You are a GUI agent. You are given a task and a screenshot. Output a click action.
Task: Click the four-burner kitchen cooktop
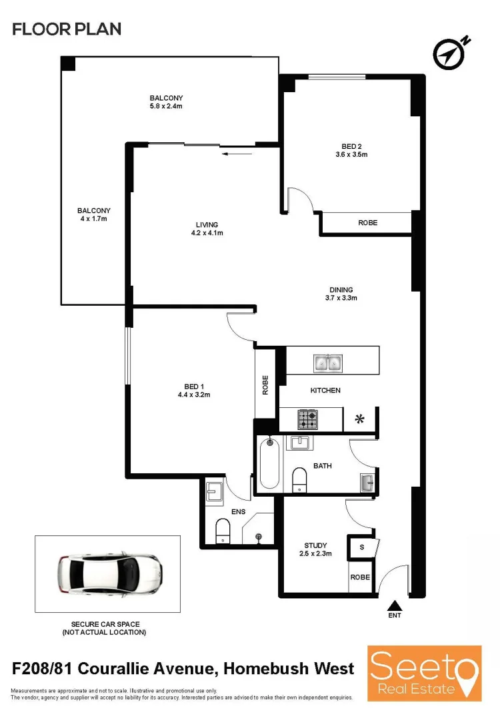(307, 419)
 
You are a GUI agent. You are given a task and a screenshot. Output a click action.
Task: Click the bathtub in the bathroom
(269, 463)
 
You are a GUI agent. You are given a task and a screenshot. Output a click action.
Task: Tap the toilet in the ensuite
(223, 532)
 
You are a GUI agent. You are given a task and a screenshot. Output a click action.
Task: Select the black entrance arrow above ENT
(394, 604)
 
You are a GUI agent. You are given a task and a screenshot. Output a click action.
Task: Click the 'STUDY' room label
(315, 544)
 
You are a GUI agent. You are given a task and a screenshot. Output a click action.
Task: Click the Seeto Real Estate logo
(425, 672)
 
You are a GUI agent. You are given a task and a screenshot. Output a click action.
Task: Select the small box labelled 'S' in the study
(361, 547)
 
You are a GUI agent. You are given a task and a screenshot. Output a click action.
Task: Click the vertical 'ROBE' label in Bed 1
(265, 385)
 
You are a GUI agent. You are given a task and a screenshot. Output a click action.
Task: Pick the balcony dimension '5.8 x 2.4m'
(166, 106)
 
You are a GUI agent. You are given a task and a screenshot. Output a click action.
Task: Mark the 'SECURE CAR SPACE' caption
(104, 624)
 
